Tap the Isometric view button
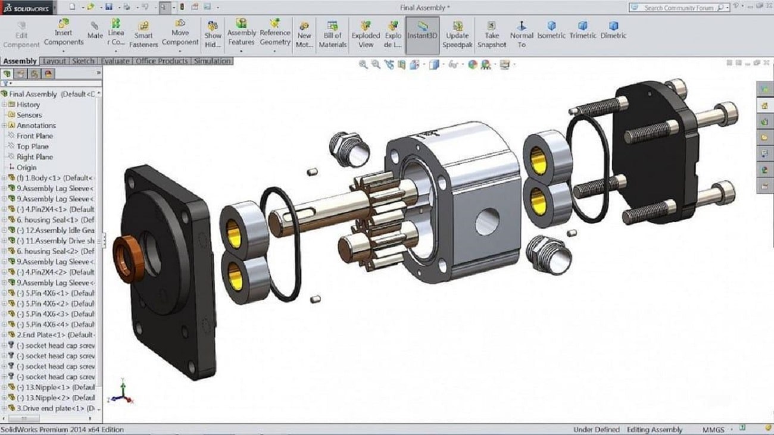tap(551, 31)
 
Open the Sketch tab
tap(83, 61)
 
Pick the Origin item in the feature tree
tap(27, 167)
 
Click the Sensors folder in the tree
tap(29, 115)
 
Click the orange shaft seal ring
tap(127, 259)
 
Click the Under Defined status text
tap(596, 430)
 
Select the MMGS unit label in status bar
tap(712, 430)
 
